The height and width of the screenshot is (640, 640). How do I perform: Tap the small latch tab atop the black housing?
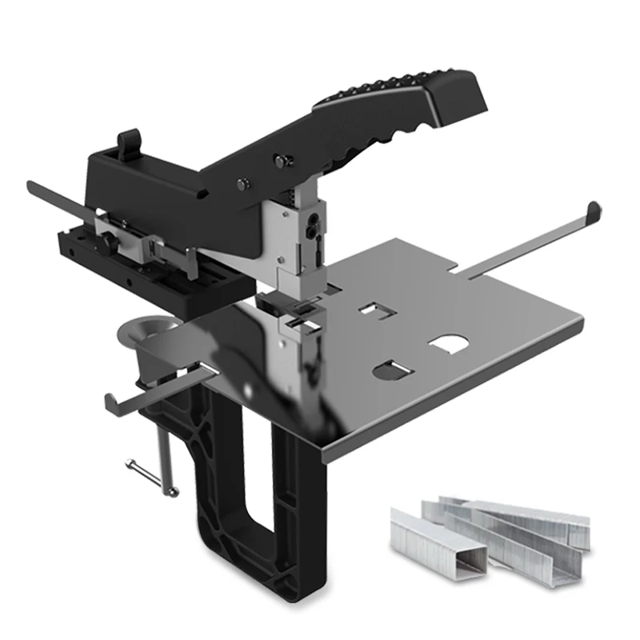coord(127,142)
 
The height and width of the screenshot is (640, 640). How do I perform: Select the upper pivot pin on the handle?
coord(279,162)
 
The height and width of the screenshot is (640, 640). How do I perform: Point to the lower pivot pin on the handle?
coord(241,186)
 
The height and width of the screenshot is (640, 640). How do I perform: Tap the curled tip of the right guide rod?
coord(593,211)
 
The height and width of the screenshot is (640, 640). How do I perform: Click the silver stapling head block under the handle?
coord(301,240)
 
